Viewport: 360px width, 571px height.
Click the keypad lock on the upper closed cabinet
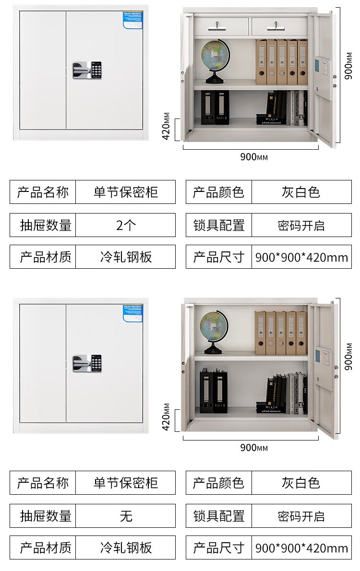tap(87, 70)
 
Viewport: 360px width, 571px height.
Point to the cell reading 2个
tap(126, 225)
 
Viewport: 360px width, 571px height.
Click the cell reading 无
tap(126, 516)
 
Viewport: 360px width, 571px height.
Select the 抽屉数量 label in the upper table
tap(45, 225)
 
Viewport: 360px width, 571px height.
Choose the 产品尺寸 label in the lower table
tap(219, 547)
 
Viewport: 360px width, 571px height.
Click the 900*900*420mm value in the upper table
tap(301, 257)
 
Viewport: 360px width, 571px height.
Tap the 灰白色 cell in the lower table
tap(301, 483)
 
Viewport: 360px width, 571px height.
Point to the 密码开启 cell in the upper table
tap(301, 225)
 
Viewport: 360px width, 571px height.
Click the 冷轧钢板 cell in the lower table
tap(126, 547)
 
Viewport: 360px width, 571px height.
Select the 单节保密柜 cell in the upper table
tap(126, 192)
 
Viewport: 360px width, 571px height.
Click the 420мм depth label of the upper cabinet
tap(166, 126)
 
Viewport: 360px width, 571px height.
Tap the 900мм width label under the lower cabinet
tap(254, 448)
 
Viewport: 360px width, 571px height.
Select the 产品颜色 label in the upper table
tap(219, 192)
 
